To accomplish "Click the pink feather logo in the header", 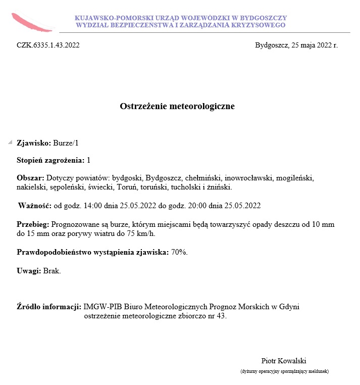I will tap(32, 21).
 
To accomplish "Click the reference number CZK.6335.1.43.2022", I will tap(48, 45).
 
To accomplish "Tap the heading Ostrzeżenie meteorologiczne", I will tap(177, 106).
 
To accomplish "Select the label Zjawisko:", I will tap(34, 143).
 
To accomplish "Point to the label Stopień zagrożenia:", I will tap(50, 160).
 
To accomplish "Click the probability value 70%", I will tap(179, 252).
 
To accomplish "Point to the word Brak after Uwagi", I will tap(52, 271).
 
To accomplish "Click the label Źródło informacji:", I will tap(49, 306).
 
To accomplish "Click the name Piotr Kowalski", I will tap(284, 361).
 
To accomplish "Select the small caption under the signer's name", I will tap(284, 371).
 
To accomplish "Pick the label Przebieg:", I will tap(32, 224).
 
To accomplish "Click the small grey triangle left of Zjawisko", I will tap(10, 142).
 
